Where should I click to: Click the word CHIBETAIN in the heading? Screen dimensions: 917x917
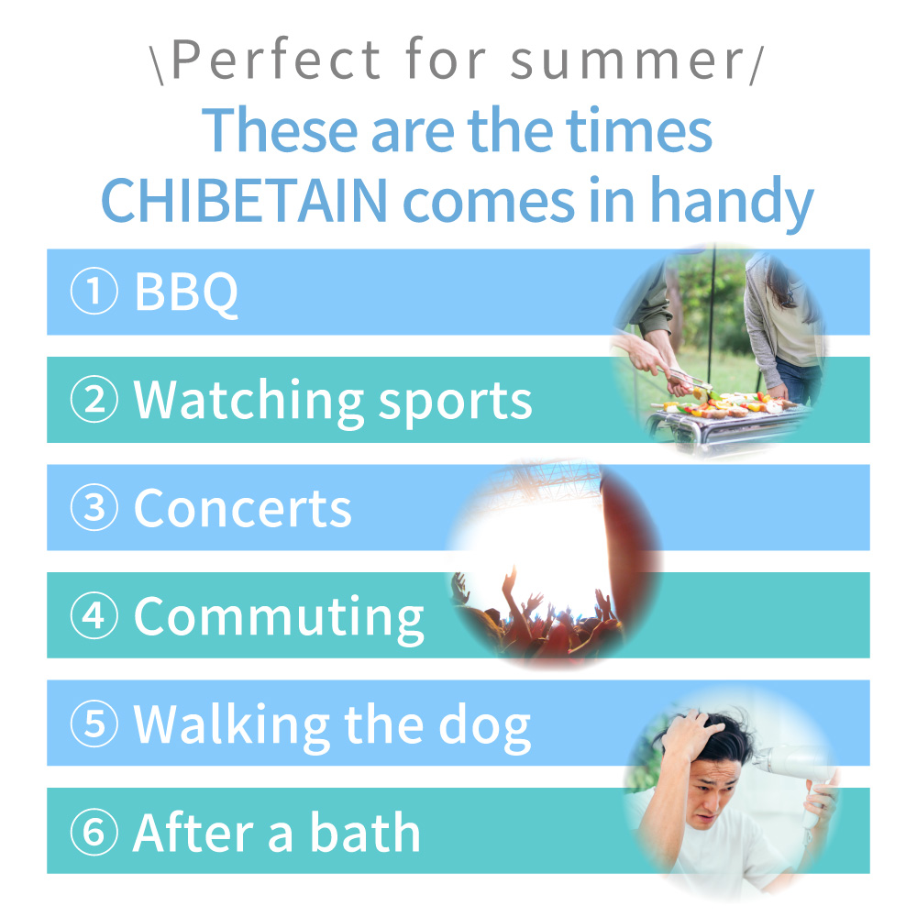click(245, 200)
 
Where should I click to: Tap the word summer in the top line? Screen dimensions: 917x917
click(627, 61)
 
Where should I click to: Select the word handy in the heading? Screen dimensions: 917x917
click(732, 203)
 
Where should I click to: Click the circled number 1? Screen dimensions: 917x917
click(94, 291)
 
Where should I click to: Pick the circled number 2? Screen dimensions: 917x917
click(94, 399)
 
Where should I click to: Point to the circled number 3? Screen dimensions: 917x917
click(94, 507)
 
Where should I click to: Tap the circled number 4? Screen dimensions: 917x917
click(94, 615)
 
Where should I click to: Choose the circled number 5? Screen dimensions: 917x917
click(94, 724)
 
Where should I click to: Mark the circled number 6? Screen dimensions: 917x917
click(94, 832)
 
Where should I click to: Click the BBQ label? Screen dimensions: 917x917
click(186, 293)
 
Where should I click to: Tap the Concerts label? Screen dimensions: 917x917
click(243, 508)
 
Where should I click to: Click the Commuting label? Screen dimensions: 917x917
click(279, 620)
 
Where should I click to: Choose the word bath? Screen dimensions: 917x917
click(365, 832)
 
